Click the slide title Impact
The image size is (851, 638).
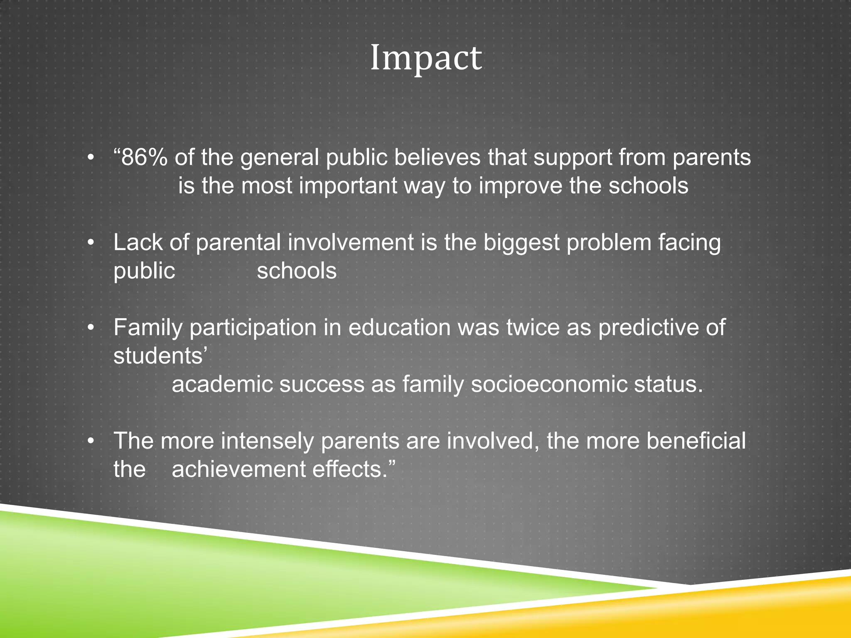(x=426, y=58)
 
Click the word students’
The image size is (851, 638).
(x=160, y=356)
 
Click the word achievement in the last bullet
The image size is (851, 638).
(x=239, y=469)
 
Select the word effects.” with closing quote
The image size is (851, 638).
(x=354, y=469)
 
